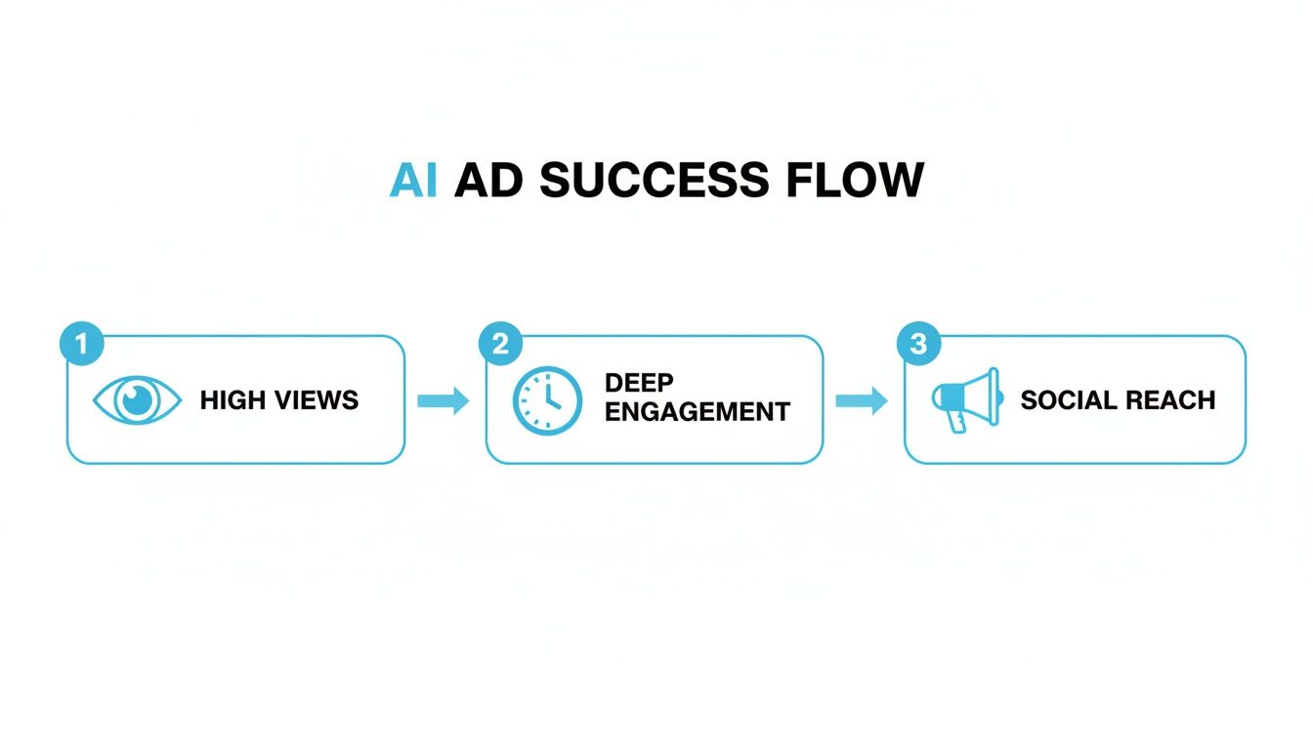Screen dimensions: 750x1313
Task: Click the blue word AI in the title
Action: click(x=412, y=181)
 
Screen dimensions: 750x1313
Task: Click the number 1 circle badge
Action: click(x=81, y=343)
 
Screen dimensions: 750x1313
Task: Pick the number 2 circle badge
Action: click(x=500, y=343)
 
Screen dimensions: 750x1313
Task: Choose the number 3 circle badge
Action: click(x=918, y=343)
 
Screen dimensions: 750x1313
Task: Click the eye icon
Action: click(x=137, y=400)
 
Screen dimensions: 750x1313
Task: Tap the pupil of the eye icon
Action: click(x=138, y=399)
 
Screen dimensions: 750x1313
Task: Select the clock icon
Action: click(x=547, y=400)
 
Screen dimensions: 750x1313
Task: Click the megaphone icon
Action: click(x=966, y=398)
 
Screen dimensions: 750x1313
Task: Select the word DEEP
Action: click(x=639, y=383)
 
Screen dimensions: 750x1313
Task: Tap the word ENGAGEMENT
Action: click(x=696, y=412)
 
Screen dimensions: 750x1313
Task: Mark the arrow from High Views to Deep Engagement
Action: click(x=444, y=400)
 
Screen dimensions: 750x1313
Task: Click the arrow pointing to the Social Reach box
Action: click(x=862, y=400)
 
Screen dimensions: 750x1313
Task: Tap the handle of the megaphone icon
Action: click(x=954, y=421)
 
